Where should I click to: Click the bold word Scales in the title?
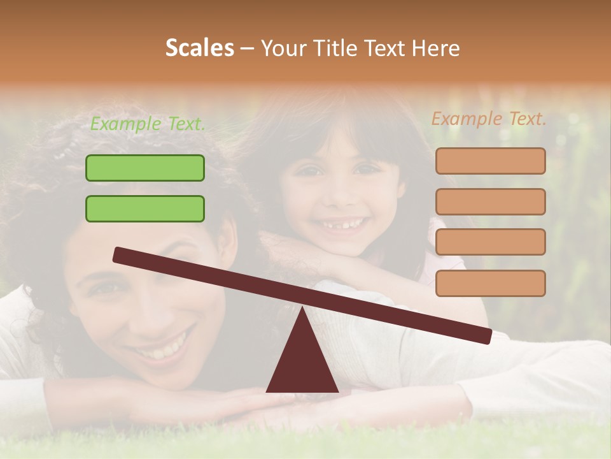click(199, 48)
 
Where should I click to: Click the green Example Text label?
click(148, 124)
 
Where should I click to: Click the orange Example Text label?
click(489, 119)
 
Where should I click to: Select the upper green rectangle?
click(145, 168)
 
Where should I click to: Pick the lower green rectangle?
click(145, 208)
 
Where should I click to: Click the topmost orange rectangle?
click(490, 161)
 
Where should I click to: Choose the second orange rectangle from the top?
click(490, 201)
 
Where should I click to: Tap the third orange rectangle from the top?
click(490, 242)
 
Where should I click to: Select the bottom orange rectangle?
click(490, 283)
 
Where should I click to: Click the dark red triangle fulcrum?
click(302, 363)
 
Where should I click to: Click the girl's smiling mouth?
click(342, 225)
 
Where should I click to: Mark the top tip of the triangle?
click(302, 308)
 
